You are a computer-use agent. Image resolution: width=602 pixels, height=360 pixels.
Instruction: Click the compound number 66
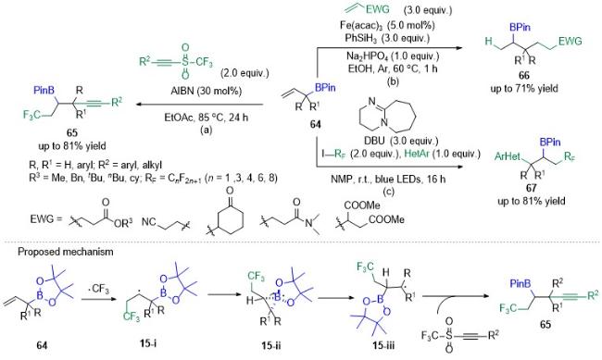(x=523, y=75)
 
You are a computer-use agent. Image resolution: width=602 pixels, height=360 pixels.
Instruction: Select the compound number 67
(x=532, y=188)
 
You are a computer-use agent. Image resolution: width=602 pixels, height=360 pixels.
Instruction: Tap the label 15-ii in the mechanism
(x=271, y=344)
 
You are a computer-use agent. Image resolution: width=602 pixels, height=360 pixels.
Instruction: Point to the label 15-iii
(x=383, y=344)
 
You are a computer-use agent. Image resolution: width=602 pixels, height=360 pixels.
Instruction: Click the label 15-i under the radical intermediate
(x=148, y=343)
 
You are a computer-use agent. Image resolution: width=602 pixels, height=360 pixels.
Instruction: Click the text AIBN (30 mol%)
(x=207, y=91)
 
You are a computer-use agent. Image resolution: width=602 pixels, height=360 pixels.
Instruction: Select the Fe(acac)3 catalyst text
(x=387, y=25)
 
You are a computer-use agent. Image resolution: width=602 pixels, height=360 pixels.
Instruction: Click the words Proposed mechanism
(x=66, y=252)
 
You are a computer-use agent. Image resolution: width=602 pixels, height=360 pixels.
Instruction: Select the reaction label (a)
(x=206, y=130)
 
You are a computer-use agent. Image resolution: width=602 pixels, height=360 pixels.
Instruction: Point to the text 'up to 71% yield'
(x=523, y=88)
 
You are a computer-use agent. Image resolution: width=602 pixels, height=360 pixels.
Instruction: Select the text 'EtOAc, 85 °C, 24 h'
(x=207, y=117)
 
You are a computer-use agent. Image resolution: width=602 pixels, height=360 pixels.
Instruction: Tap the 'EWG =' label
(x=45, y=220)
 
